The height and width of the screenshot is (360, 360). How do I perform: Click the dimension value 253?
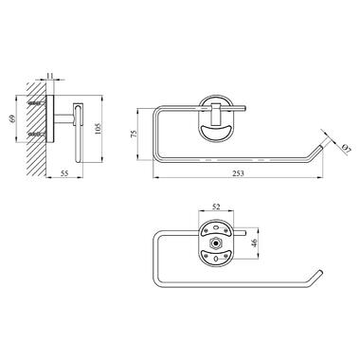pyautogui.click(x=239, y=173)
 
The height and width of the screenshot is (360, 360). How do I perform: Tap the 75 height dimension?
pyautogui.click(x=134, y=134)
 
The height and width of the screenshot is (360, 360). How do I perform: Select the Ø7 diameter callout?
pyautogui.click(x=346, y=149)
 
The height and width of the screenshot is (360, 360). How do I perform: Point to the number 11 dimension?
pyautogui.click(x=50, y=76)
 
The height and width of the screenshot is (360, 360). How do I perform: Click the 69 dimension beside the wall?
pyautogui.click(x=12, y=119)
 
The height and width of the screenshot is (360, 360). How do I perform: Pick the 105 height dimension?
pyautogui.click(x=98, y=128)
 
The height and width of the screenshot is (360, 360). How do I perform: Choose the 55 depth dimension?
pyautogui.click(x=64, y=173)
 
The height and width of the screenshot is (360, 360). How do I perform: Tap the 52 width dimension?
pyautogui.click(x=216, y=207)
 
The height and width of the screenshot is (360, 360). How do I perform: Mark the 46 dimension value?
pyautogui.click(x=255, y=243)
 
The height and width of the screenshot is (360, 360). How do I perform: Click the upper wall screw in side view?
pyautogui.click(x=38, y=103)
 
